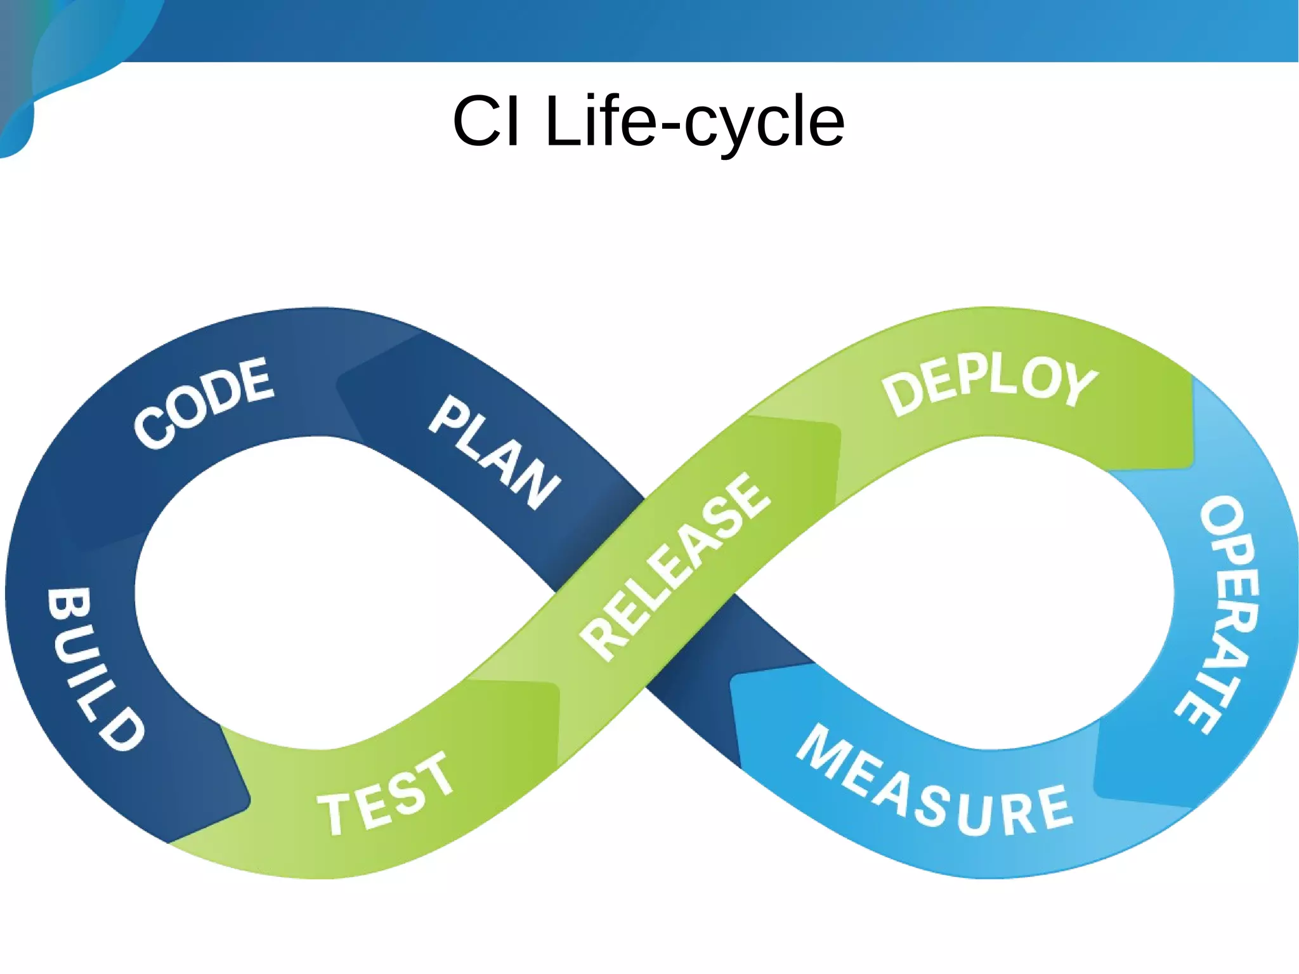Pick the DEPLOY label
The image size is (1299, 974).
click(989, 384)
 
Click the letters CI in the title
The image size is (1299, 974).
click(486, 121)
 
